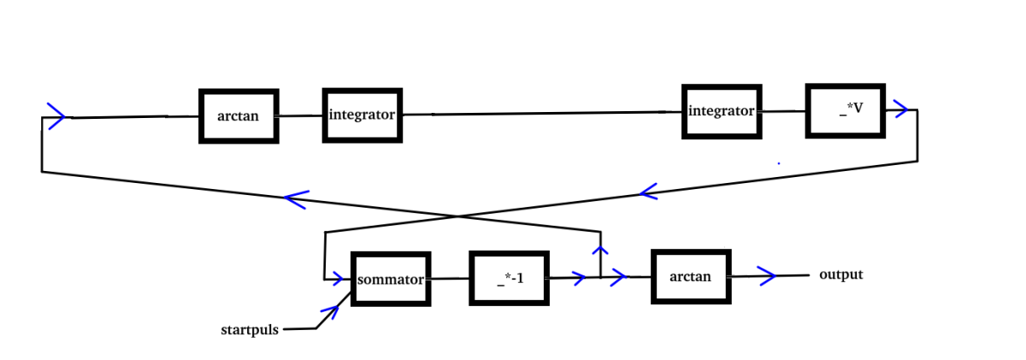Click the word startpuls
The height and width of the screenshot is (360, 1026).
click(x=250, y=330)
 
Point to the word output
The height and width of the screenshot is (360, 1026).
click(x=841, y=274)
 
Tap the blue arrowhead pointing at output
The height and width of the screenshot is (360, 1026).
click(x=767, y=275)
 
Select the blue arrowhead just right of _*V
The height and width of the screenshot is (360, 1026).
click(x=901, y=109)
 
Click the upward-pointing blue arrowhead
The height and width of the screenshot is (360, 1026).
click(x=600, y=250)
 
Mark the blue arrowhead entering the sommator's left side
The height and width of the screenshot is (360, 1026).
click(x=338, y=278)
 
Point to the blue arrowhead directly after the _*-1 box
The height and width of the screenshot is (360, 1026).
click(x=580, y=278)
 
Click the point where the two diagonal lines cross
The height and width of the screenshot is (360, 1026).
click(x=458, y=216)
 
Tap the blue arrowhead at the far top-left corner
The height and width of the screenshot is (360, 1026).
click(x=56, y=116)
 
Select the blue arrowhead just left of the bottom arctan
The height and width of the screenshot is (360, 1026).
click(x=619, y=277)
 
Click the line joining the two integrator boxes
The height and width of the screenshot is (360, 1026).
click(x=542, y=113)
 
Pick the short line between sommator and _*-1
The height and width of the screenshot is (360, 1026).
click(x=451, y=278)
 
